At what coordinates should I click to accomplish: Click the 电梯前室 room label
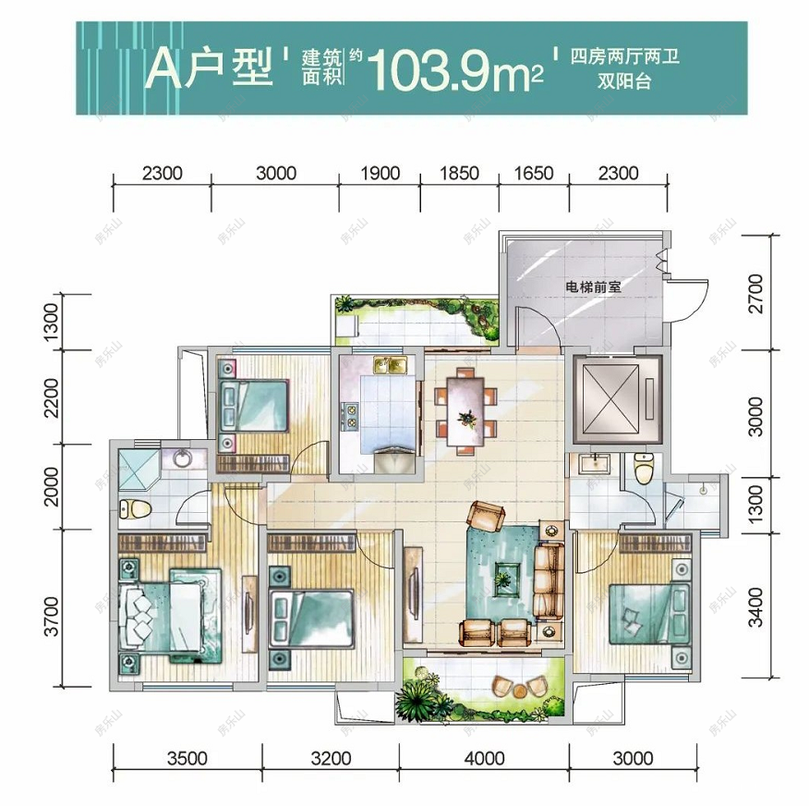pyautogui.click(x=593, y=287)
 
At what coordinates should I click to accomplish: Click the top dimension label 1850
pyautogui.click(x=459, y=173)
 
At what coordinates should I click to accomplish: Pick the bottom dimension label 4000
pyautogui.click(x=484, y=759)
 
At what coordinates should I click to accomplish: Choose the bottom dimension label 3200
pyautogui.click(x=331, y=759)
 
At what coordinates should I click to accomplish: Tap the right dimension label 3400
pyautogui.click(x=757, y=606)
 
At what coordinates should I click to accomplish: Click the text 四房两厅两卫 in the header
pyautogui.click(x=625, y=57)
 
